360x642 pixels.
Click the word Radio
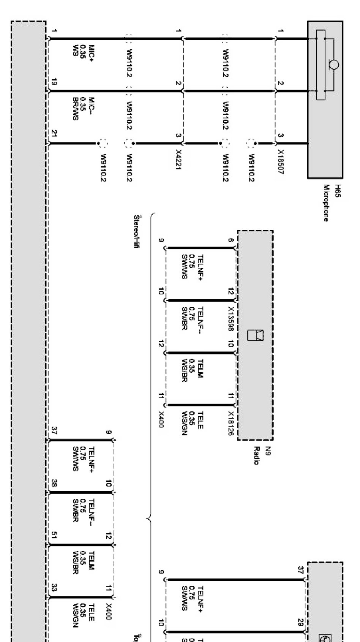click(x=257, y=455)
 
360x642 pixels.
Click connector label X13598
click(x=231, y=319)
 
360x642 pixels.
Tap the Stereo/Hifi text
click(x=137, y=232)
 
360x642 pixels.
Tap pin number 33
click(x=54, y=587)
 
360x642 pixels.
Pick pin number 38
click(x=54, y=483)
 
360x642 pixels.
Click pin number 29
click(x=300, y=622)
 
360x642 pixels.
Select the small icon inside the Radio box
click(x=255, y=335)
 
